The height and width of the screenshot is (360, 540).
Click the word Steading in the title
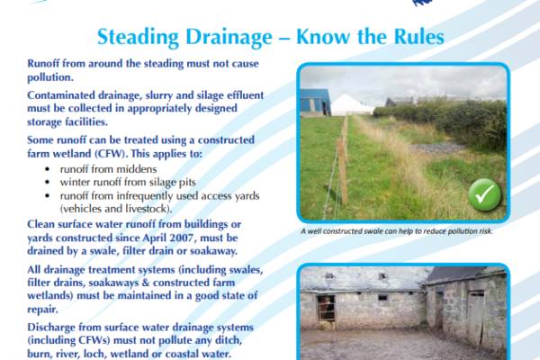pos(138,37)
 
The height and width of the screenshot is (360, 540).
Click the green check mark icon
pos(484,194)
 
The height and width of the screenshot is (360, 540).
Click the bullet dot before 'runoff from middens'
pos(47,169)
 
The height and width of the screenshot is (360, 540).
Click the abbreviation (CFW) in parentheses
pos(110,153)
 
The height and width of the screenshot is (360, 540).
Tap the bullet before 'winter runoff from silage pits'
pos(47,182)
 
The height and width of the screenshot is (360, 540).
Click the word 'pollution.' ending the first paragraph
pos(50,77)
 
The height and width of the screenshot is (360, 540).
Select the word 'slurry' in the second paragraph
pos(159,95)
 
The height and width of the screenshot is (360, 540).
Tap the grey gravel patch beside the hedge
pos(437,148)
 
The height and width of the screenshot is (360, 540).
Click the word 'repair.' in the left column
pos(42,310)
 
